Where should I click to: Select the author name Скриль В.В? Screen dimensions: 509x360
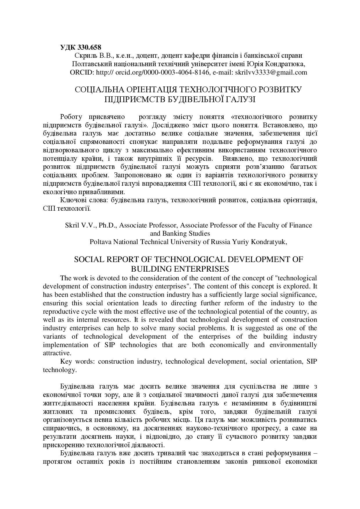pos(87,55)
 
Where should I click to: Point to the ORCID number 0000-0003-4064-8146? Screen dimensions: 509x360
pos(177,72)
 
